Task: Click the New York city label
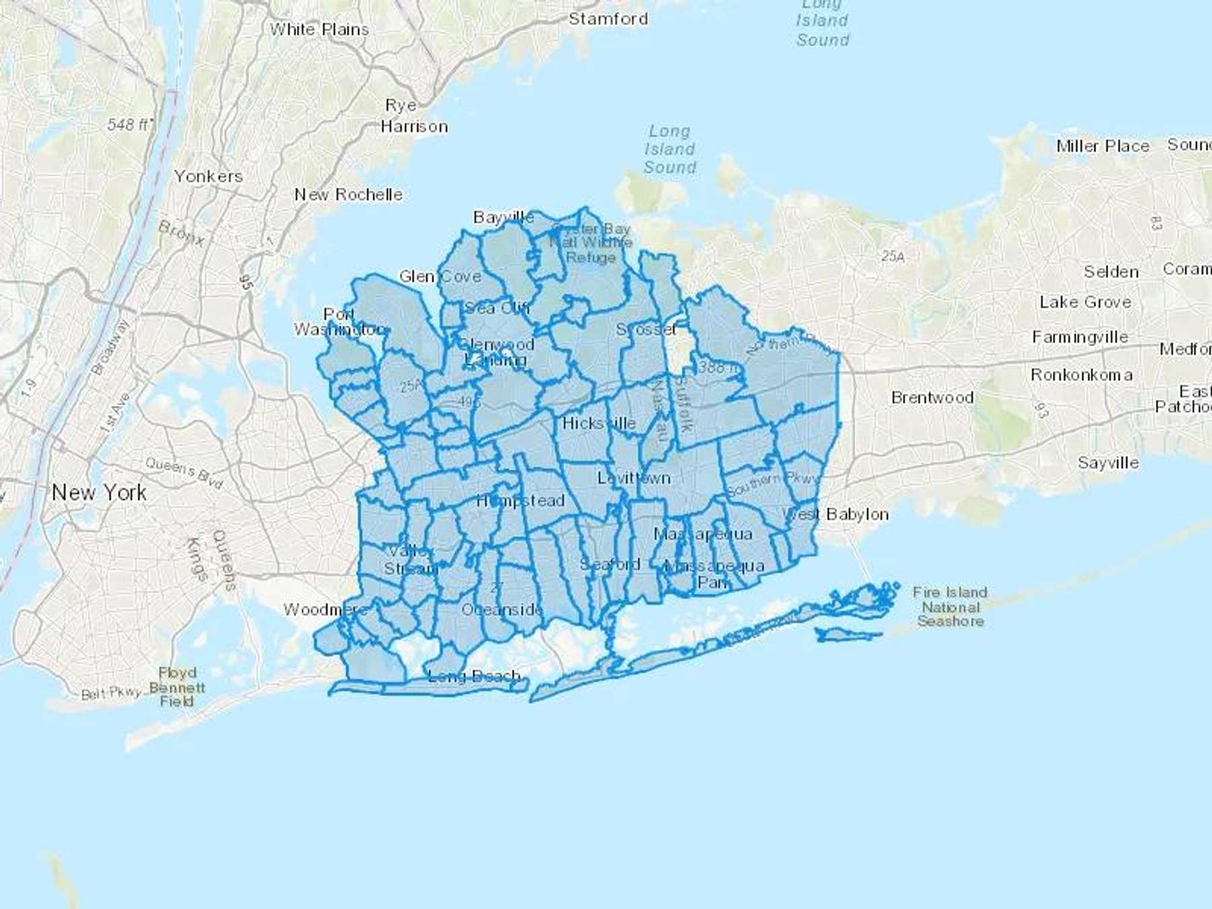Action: coord(99,493)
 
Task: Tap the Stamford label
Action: coord(608,19)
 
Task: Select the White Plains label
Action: coord(319,30)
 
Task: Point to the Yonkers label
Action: coord(208,176)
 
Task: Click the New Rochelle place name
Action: coord(348,195)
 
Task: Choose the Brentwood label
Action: coord(932,397)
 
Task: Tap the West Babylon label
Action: coord(835,514)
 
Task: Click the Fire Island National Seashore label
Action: coord(950,607)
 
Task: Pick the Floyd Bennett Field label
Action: coord(177,687)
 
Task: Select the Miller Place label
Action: coord(1102,146)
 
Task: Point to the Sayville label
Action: coord(1108,463)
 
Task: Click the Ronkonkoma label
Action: coord(1081,375)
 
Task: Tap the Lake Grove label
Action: coord(1085,302)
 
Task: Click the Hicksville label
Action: coord(599,423)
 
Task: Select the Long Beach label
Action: coord(474,675)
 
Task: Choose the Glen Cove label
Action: coord(440,276)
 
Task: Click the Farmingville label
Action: coord(1079,337)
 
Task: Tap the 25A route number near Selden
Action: coord(893,256)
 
